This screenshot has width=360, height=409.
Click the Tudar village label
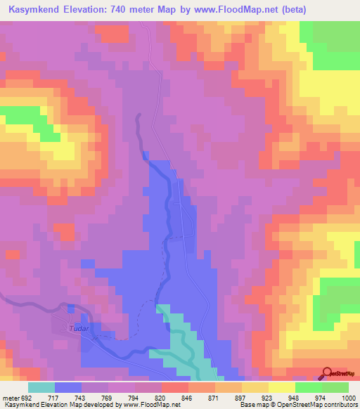[76, 328]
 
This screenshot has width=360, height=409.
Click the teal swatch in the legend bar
[41, 388]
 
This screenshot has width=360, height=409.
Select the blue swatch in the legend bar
[67, 388]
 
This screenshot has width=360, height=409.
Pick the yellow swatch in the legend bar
[281, 388]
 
